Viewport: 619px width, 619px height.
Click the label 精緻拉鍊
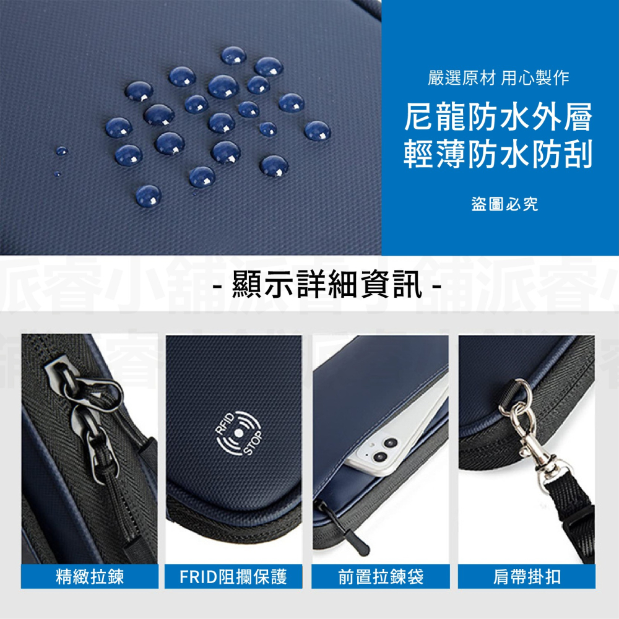click(x=90, y=577)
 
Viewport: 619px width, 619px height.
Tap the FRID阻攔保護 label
click(x=233, y=577)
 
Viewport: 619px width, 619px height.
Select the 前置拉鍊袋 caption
click(x=381, y=577)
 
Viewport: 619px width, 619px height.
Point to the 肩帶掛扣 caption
click(x=527, y=577)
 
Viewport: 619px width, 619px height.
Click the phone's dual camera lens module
click(x=383, y=451)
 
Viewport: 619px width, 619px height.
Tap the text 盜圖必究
click(x=504, y=204)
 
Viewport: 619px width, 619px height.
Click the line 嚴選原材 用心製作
click(x=498, y=78)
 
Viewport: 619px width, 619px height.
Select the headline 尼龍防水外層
click(x=498, y=118)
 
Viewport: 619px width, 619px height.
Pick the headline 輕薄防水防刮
click(x=498, y=155)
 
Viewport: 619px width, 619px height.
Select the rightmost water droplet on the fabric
click(x=318, y=130)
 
